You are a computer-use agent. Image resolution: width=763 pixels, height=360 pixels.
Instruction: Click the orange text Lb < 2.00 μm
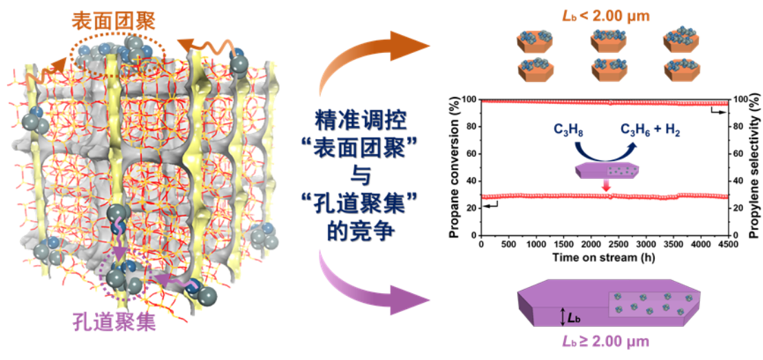pos(605,14)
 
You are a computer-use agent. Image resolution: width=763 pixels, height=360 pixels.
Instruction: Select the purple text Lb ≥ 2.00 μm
pos(605,341)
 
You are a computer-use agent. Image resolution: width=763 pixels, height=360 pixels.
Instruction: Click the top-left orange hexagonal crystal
pos(534,41)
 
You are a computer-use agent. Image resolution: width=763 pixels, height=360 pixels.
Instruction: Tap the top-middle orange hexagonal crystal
pos(607,41)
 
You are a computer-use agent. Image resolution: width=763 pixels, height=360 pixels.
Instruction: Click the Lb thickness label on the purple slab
pos(574,317)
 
